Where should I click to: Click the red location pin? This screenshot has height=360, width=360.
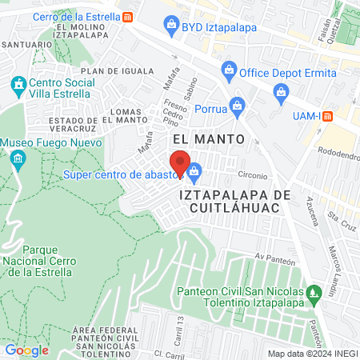[181, 163]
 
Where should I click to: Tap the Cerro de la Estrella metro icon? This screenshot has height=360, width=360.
[129, 17]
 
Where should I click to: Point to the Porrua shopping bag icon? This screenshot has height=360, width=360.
[236, 104]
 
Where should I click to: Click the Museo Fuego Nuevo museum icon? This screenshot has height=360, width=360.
[18, 161]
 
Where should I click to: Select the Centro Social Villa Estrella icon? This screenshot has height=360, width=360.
[18, 84]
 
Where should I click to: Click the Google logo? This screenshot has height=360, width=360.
[27, 350]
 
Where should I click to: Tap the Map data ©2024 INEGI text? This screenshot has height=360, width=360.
[311, 354]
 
